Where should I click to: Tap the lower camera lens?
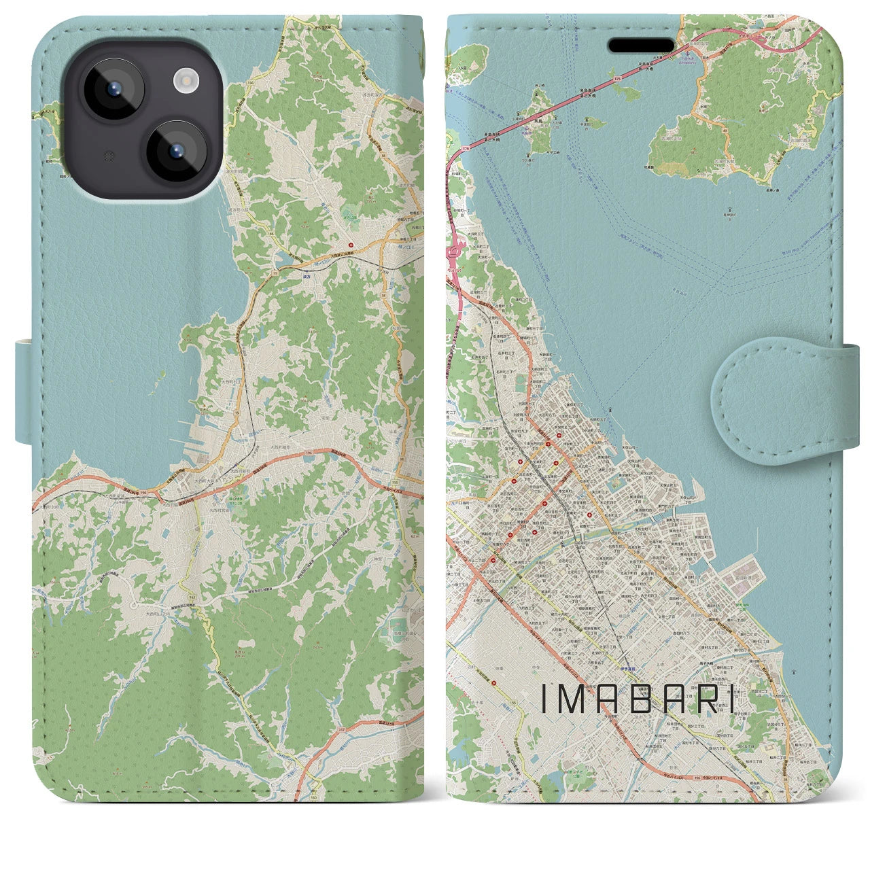pos(177,151)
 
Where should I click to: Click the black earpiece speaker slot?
pos(641,45)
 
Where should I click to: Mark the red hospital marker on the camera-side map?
pos(351,245)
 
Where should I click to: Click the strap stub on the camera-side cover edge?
pos(24,393)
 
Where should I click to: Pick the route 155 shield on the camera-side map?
pos(395,483)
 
